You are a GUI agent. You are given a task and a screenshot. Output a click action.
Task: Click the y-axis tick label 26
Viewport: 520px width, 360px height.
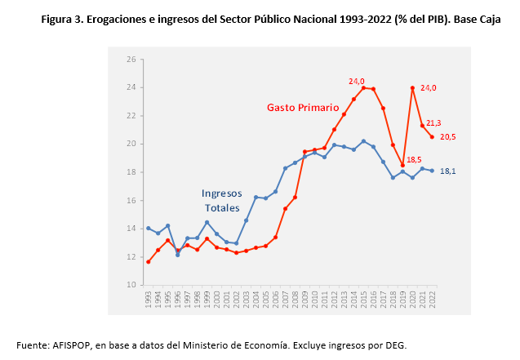(131, 60)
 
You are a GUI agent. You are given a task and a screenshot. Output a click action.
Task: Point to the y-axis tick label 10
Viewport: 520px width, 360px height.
(131, 285)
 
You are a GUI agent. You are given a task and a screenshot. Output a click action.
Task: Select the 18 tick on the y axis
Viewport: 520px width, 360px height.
(131, 172)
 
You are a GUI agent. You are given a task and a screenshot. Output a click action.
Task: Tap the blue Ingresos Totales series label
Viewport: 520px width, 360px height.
(221, 201)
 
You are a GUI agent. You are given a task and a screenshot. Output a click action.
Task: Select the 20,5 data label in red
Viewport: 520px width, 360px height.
(448, 137)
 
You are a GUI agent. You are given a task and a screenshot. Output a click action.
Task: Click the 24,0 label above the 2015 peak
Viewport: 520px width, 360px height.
(357, 81)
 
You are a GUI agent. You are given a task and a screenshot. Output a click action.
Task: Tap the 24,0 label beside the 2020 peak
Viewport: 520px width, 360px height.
(429, 88)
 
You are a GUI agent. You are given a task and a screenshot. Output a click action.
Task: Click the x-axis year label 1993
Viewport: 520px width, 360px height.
(148, 299)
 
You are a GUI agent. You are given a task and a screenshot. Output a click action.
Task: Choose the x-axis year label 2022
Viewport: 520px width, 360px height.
(432, 299)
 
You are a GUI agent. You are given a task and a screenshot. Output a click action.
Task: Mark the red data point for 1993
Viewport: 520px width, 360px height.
(148, 261)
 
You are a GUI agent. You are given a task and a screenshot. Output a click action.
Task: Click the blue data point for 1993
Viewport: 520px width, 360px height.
(148, 228)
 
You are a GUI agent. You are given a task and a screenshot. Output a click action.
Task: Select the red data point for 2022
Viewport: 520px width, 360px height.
(432, 137)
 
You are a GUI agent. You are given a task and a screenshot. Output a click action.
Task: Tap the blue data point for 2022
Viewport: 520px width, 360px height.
(432, 171)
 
